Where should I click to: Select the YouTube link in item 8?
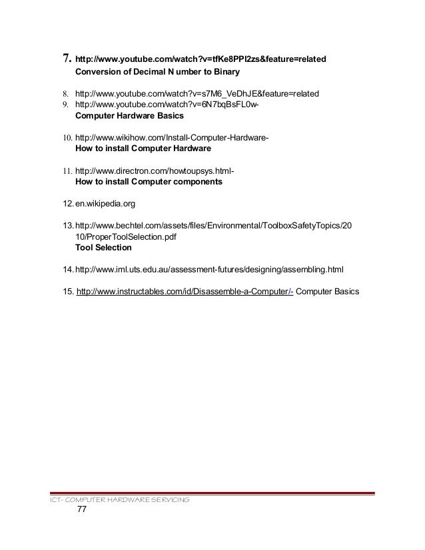197,93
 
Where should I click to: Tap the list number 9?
66,104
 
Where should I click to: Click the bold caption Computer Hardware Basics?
129,115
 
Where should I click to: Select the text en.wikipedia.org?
105,203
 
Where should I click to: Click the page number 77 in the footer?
83,511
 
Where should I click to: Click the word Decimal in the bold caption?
147,71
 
